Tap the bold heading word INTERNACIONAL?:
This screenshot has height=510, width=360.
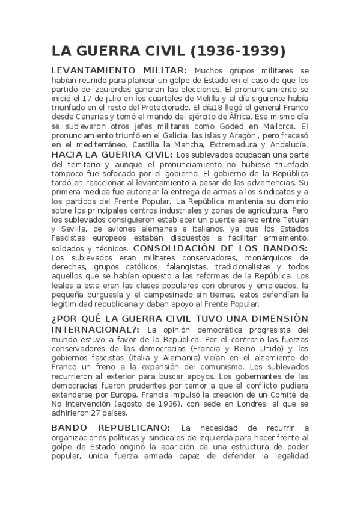[96, 330]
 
